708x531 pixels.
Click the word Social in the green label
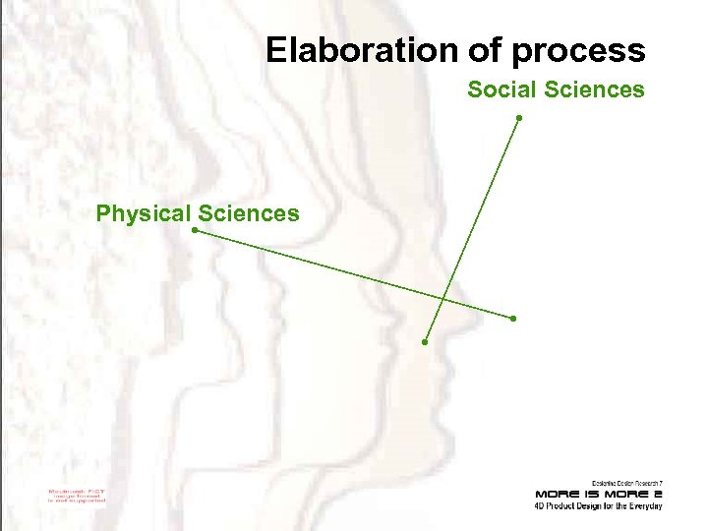click(x=499, y=90)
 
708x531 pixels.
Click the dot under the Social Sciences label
click(x=518, y=119)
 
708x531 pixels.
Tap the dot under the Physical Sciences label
click(x=195, y=231)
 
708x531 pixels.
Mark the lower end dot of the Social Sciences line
click(x=425, y=342)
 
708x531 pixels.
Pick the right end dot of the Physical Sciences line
click(x=513, y=319)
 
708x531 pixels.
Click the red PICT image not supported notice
click(x=77, y=496)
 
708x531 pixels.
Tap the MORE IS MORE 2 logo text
click(x=598, y=494)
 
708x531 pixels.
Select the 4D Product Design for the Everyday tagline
click(x=598, y=506)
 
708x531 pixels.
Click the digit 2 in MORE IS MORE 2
click(x=657, y=494)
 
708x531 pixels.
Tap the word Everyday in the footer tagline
click(x=645, y=506)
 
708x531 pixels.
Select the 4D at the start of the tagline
click(x=540, y=506)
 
